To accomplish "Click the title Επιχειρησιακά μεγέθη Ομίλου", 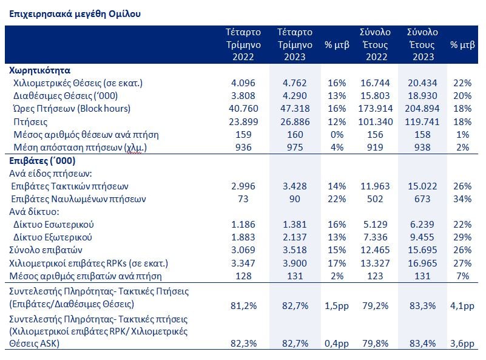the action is pos(75,14).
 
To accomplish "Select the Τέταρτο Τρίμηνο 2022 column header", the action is pos(243,45).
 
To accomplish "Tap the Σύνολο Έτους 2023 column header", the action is pos(422,45).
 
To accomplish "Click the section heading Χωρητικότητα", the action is pos(39,70).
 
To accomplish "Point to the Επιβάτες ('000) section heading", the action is pos(42,161).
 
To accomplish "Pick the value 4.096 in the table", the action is pos(243,83).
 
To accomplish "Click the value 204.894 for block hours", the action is pos(422,109).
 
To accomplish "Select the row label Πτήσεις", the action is pos(30,122).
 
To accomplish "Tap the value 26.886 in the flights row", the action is pos(295,122).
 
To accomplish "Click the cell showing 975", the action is pos(295,148).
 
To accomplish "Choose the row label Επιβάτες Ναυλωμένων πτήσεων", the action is pos(78,199).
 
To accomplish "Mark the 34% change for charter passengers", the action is pos(462,199).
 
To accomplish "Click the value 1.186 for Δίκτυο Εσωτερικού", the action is pos(243,224).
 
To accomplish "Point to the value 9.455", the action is pos(422,237).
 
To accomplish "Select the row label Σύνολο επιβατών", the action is pos(46,250).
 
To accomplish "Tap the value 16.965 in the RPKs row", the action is pos(422,263).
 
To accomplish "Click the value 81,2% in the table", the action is pos(244,306).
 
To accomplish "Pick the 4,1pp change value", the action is pos(462,306).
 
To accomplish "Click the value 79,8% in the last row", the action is pos(376,344).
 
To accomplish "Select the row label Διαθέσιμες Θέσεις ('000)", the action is pos(66,96).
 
